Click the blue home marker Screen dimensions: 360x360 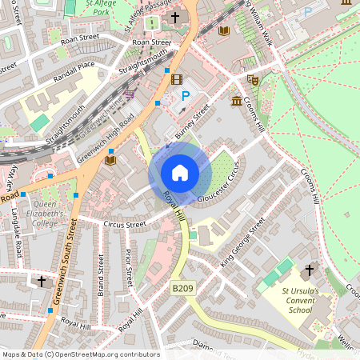pos(180,173)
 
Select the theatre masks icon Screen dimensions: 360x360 pos(251,79)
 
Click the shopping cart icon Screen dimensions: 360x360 pos(130,94)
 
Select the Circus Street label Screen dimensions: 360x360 pos(125,225)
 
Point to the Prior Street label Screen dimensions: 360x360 pos(128,267)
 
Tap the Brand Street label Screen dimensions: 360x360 pos(101,275)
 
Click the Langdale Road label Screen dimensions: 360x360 pos(17,233)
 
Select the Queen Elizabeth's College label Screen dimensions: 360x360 pos(50,214)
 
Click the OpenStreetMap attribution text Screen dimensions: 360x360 pos(80,354)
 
